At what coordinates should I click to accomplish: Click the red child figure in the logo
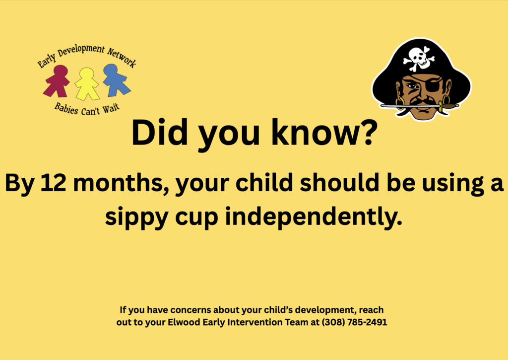[x=58, y=81]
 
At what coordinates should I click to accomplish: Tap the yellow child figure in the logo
[x=87, y=83]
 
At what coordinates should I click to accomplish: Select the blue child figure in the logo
[x=116, y=80]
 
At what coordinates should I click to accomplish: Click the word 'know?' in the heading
[x=330, y=133]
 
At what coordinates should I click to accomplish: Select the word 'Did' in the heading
[x=155, y=133]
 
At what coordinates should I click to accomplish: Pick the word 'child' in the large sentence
[x=261, y=183]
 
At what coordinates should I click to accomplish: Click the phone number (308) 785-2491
[x=354, y=322]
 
